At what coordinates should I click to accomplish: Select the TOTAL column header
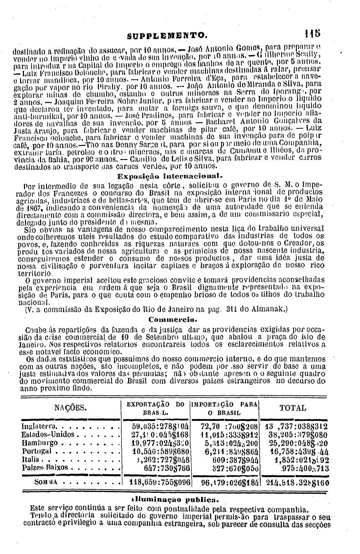(292, 408)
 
